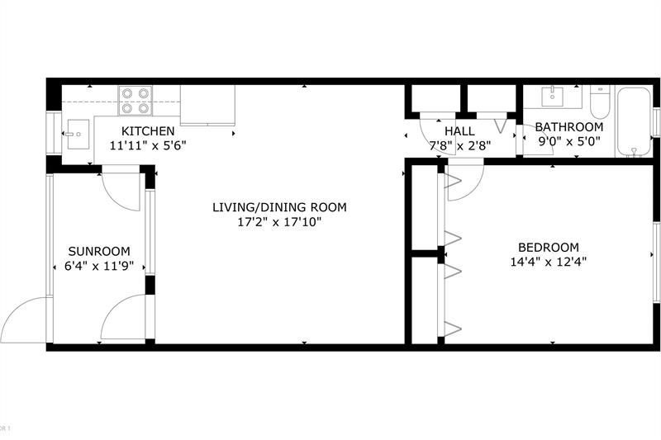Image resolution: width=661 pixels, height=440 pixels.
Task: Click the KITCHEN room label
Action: click(x=148, y=131)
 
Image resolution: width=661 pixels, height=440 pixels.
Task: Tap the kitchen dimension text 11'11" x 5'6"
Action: click(x=148, y=145)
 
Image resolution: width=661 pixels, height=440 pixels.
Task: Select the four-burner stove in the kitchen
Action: click(x=136, y=100)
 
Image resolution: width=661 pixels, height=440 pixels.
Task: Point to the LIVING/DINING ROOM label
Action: click(x=278, y=207)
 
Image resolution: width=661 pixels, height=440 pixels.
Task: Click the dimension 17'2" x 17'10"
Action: click(x=278, y=221)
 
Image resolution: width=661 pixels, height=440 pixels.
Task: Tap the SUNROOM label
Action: click(x=99, y=252)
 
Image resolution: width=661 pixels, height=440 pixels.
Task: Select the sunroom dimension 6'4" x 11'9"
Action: click(x=99, y=266)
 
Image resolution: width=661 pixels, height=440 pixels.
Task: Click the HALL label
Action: click(x=459, y=131)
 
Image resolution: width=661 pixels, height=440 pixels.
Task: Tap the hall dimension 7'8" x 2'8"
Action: click(x=459, y=145)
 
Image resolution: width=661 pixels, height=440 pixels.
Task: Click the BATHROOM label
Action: click(x=568, y=127)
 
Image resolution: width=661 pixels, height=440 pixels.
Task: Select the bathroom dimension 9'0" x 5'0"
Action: click(x=568, y=141)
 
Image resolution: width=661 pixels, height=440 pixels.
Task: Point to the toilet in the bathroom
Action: click(x=600, y=102)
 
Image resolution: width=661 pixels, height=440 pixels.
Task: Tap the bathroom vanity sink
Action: click(x=551, y=96)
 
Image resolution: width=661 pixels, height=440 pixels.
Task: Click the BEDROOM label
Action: click(x=548, y=247)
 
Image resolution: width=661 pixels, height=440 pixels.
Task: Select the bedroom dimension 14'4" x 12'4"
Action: click(x=548, y=262)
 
